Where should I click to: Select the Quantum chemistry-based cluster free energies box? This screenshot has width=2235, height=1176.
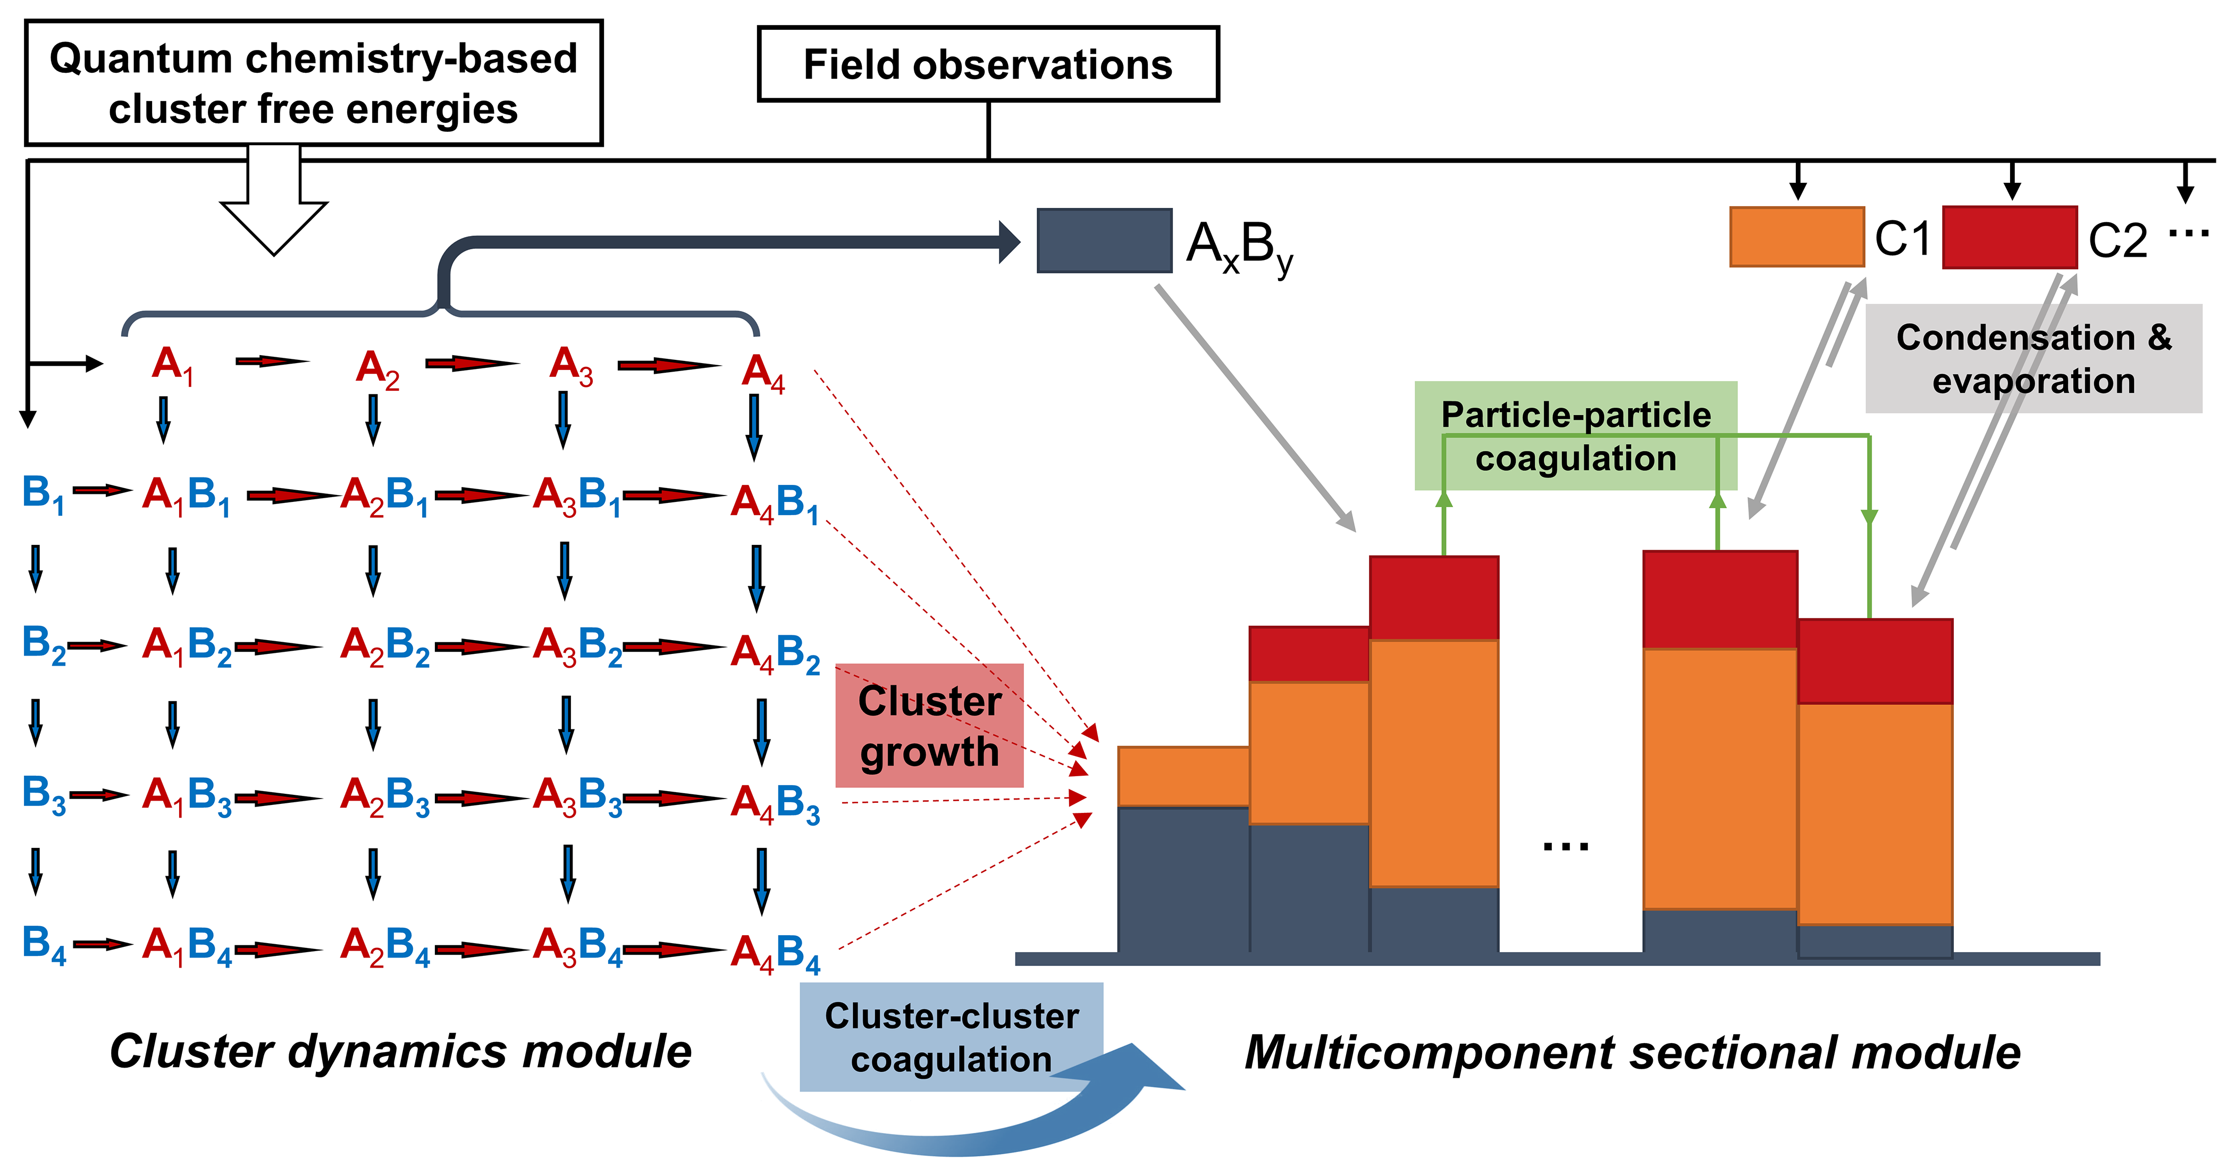(313, 83)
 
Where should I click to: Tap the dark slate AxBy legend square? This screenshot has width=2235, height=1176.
(1104, 240)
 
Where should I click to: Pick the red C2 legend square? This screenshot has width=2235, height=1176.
(2009, 237)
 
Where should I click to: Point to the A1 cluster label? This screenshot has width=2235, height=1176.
(172, 365)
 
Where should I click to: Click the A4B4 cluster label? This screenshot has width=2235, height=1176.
(775, 952)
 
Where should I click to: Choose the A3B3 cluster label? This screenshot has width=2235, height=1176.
(577, 797)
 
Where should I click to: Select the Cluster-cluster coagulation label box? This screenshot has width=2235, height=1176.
(951, 1037)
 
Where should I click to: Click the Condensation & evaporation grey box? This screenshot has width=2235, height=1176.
(2033, 358)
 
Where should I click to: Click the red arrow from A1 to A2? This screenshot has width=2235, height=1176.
(272, 361)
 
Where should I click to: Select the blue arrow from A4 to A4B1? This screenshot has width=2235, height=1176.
(754, 427)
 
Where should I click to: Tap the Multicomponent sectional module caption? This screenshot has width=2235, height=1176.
(1632, 1052)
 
